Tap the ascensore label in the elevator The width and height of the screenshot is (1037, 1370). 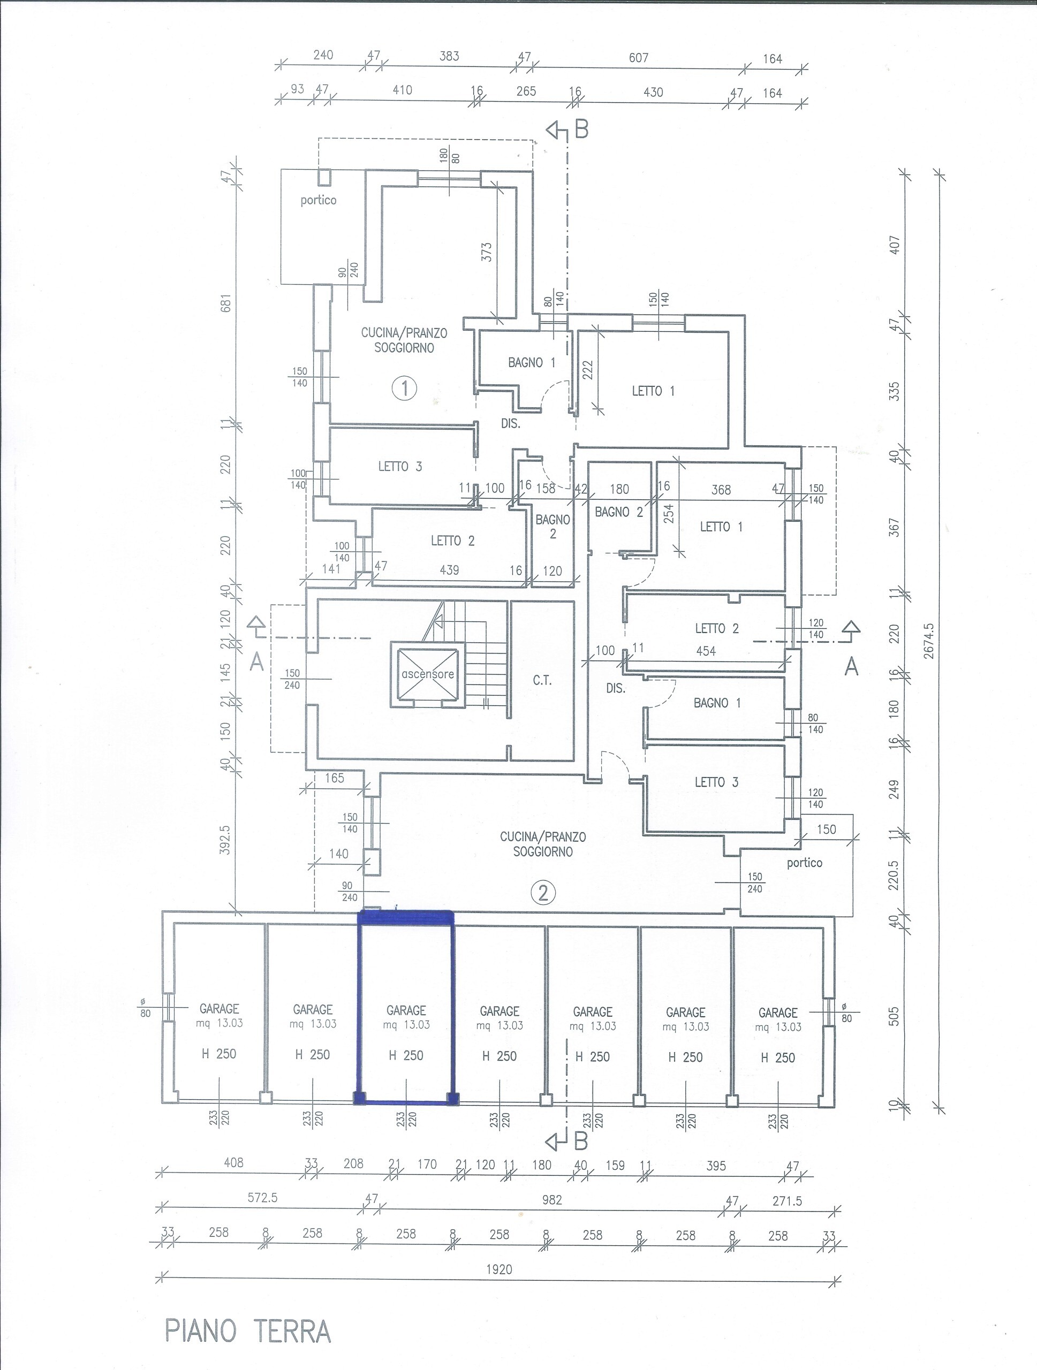(427, 674)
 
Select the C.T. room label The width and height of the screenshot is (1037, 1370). (542, 681)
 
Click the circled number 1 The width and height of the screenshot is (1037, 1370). (405, 389)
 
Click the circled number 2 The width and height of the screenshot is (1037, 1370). (543, 893)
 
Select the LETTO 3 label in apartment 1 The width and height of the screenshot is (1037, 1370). (400, 466)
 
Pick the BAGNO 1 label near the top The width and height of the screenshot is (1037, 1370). (532, 362)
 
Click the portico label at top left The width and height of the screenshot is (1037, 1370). (319, 200)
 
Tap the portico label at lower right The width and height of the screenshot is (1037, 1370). (805, 863)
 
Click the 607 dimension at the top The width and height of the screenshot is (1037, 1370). (638, 58)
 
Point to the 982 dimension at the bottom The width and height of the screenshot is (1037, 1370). (551, 1200)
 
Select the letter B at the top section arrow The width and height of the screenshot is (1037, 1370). (580, 130)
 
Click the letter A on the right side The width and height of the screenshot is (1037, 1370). (852, 667)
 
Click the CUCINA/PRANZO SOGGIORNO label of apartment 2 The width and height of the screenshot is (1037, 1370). (543, 844)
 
